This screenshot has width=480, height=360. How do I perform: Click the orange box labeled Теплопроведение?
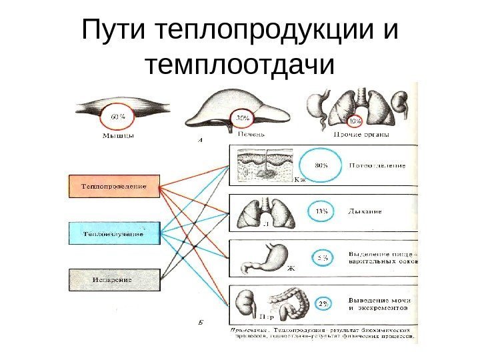tap(115, 185)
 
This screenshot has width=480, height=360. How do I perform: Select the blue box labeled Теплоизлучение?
tap(115, 233)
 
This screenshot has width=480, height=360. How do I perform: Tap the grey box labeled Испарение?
tap(115, 280)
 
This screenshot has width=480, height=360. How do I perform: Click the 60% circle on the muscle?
tap(118, 118)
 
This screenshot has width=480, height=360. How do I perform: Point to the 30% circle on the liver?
tap(242, 119)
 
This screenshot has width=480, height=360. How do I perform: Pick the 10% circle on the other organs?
tap(355, 121)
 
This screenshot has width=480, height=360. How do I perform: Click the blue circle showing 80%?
tap(321, 166)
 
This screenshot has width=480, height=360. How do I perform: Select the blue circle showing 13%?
tap(321, 212)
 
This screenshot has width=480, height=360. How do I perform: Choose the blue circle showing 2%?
tap(323, 305)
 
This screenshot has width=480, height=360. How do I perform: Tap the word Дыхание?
tap(365, 212)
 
